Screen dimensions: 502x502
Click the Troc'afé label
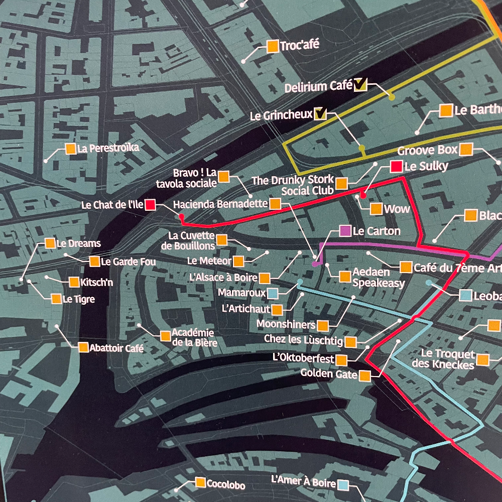[x=300, y=45]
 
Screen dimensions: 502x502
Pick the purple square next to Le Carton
[x=345, y=231]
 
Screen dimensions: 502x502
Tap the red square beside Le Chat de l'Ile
[x=150, y=204]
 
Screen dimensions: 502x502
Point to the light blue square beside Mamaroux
[x=273, y=293]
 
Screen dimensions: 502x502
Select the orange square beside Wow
[x=376, y=209]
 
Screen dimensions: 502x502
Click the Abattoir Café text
[x=116, y=347]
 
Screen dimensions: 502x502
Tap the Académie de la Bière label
[x=193, y=337]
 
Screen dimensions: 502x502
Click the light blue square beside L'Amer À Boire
[x=343, y=484]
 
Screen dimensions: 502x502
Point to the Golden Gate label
[x=329, y=374]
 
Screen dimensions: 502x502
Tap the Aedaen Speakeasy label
[x=378, y=277]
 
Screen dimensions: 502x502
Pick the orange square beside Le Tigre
[x=56, y=299]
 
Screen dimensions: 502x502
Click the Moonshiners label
[x=286, y=324]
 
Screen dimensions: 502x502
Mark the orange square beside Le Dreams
[x=50, y=243]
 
